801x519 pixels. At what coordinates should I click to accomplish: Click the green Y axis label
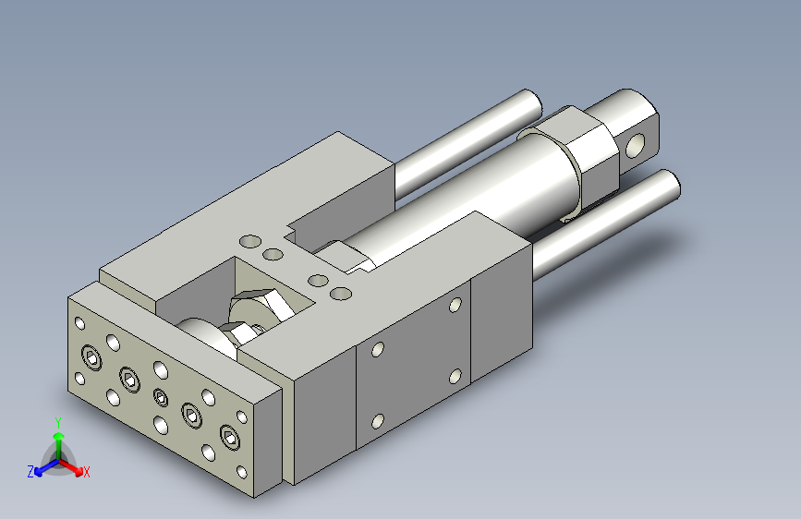coord(58,422)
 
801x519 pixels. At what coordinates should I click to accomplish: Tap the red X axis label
coord(86,472)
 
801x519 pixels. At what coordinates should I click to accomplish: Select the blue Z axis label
coord(30,472)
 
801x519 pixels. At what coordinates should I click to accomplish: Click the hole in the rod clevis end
coord(635,145)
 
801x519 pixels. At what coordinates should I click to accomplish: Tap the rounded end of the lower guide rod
coord(669,185)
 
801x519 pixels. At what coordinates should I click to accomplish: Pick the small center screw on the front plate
coord(161,397)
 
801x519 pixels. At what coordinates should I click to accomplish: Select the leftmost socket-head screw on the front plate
coord(91,357)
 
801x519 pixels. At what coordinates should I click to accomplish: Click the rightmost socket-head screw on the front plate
coord(230,437)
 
